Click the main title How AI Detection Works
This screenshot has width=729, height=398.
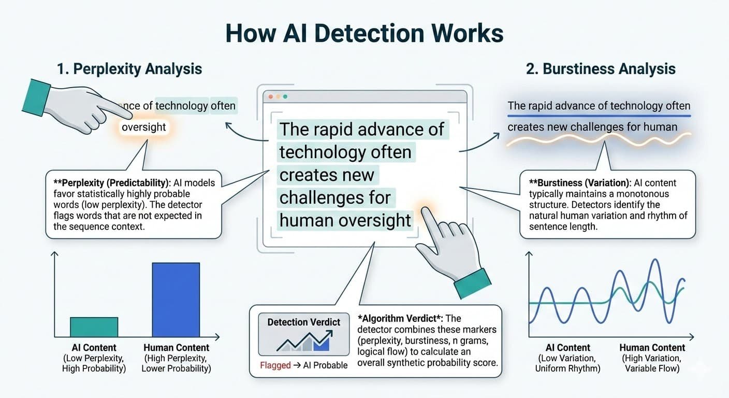point(364,33)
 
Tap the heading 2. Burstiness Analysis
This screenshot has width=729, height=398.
point(601,68)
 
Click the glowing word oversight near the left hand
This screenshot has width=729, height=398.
point(144,127)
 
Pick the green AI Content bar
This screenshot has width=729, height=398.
point(94,327)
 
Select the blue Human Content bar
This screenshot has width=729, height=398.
point(176,300)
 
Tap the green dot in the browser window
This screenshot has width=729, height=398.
point(285,97)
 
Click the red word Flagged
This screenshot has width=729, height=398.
point(275,365)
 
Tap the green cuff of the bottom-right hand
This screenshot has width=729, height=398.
point(472,284)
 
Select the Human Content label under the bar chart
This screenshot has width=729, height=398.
point(176,348)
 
